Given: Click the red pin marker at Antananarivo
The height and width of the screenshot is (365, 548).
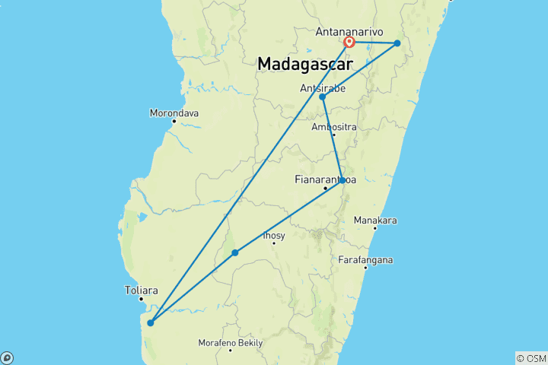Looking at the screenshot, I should [349, 42].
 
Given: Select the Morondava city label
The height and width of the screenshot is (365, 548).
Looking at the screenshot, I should [174, 113].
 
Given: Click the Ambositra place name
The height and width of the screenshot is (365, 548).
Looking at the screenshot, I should [334, 127].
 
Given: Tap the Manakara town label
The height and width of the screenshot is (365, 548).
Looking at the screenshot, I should [375, 221].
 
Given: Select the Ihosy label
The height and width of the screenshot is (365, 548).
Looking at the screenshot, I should [273, 236].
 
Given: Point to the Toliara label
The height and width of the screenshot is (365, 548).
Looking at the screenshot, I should [142, 290].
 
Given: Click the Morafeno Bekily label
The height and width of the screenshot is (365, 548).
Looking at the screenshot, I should [231, 343].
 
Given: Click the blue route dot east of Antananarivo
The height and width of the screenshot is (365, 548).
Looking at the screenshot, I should [397, 43].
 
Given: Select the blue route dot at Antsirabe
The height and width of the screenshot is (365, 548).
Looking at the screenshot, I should [323, 97].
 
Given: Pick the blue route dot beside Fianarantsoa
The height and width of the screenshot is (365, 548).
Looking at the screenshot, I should [342, 180].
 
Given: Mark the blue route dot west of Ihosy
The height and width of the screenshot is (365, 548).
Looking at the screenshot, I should [235, 252].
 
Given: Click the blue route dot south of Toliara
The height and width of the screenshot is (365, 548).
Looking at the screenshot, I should [150, 322].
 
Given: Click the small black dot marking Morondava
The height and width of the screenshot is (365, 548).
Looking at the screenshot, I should [174, 121].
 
